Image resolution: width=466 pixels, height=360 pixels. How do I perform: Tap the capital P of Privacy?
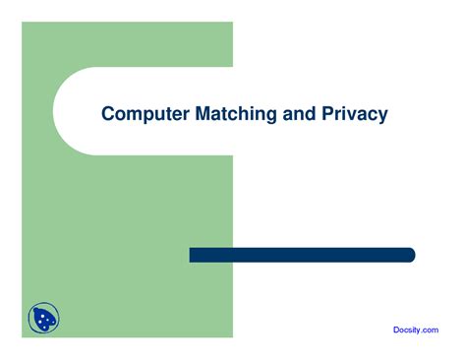point(327,114)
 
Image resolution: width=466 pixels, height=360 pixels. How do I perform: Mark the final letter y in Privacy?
point(382,117)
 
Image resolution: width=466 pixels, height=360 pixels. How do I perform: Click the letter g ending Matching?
point(270,117)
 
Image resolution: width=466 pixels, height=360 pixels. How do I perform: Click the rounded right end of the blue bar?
point(411,255)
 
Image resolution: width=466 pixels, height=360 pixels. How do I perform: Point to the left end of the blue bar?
point(192,255)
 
